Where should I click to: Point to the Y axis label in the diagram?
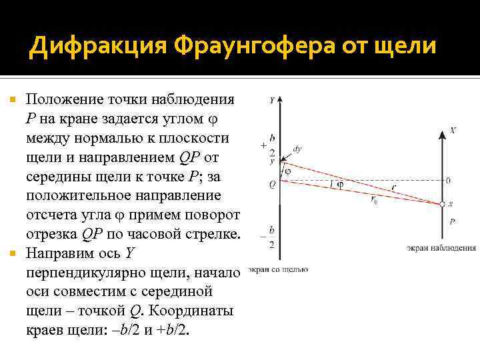[x=272, y=100]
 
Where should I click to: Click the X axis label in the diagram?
[x=453, y=131]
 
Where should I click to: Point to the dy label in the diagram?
[x=297, y=149]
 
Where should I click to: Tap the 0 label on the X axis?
[x=448, y=180]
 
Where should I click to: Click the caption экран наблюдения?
[x=441, y=249]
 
